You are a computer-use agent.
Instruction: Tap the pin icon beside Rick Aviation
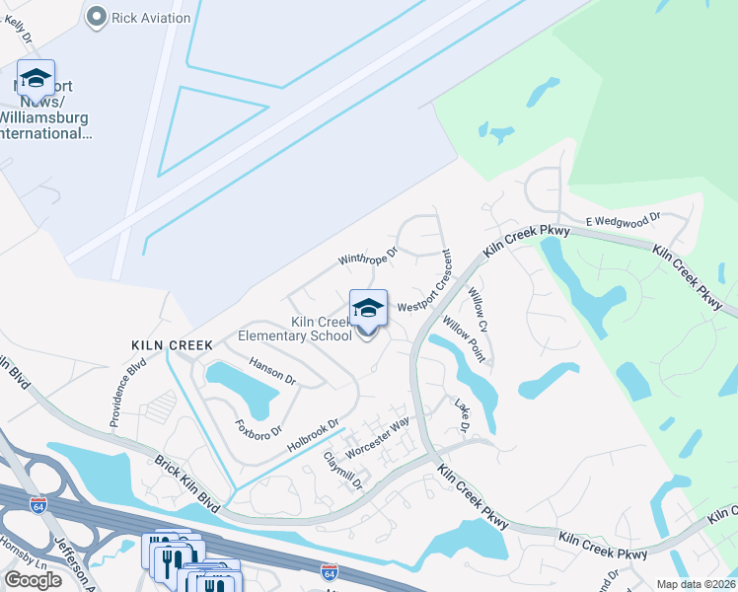point(97,17)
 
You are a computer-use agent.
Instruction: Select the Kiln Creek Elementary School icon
point(368,308)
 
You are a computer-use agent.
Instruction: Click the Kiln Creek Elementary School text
point(295,329)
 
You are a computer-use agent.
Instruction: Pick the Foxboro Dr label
point(259,431)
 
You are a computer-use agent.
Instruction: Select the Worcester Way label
point(377,436)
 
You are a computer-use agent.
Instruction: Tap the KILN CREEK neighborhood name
point(173,344)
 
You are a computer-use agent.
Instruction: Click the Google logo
point(33,580)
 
